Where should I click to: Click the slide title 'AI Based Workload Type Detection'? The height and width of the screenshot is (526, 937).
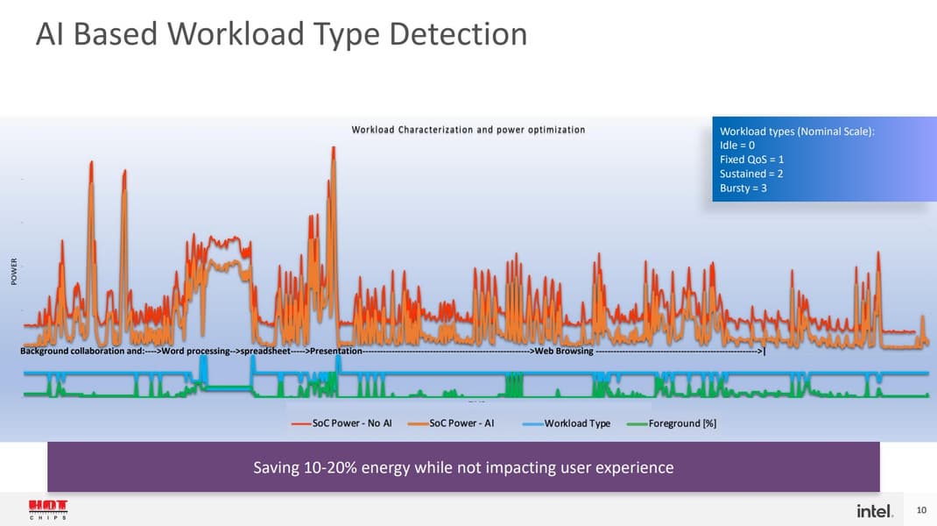[x=281, y=35]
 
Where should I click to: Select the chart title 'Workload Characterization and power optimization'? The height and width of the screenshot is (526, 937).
[x=468, y=130]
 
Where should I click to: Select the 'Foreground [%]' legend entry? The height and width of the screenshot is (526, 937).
[x=681, y=423]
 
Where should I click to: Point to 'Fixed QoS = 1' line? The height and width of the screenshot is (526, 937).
[x=751, y=160]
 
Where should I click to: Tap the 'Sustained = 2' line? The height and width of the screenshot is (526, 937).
[x=751, y=174]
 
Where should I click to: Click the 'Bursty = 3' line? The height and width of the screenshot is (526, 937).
[x=743, y=188]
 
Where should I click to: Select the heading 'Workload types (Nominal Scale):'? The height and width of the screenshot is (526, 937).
[x=797, y=131]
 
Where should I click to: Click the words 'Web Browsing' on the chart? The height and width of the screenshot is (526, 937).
[x=563, y=352]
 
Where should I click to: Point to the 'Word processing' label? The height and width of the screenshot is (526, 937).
[x=195, y=352]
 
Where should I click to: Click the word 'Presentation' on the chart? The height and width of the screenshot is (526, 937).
[x=336, y=352]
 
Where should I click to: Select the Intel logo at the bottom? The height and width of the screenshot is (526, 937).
[x=874, y=510]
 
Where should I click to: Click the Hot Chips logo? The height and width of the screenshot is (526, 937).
[x=48, y=509]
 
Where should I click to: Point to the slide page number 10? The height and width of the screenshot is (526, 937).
[x=920, y=510]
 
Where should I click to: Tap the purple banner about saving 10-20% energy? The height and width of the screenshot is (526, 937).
[x=463, y=467]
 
